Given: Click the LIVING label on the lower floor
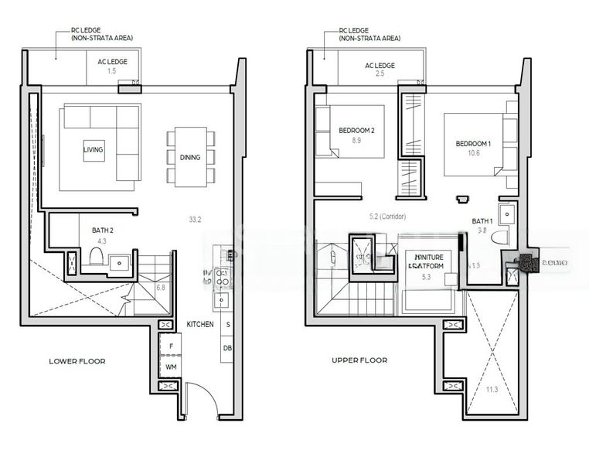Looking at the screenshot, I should (94, 149).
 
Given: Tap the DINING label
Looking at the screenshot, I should (190, 157).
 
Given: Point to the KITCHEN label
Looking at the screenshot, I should (199, 325).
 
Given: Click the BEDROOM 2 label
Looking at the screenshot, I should (356, 131).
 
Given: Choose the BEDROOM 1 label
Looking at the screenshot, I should (473, 144).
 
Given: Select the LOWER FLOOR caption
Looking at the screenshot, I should (77, 361).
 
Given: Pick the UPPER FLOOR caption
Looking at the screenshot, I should (359, 360).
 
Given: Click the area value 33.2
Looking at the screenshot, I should (194, 220).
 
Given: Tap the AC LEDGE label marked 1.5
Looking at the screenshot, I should (112, 62).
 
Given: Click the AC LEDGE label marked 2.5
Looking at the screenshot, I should (380, 66).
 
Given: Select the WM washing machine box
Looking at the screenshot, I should (170, 365).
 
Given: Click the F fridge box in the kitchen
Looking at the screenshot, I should (170, 345).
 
